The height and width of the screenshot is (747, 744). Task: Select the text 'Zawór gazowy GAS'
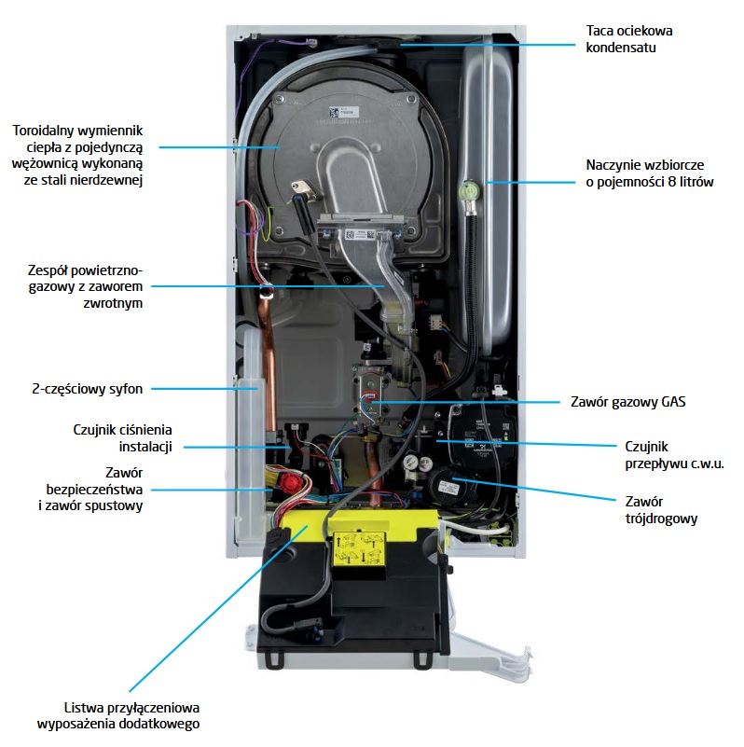[634, 403]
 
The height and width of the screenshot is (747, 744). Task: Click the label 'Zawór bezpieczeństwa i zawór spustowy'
[94, 489]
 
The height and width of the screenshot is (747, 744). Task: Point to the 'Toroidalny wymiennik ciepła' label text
[77, 155]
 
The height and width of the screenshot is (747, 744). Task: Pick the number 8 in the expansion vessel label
[674, 183]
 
